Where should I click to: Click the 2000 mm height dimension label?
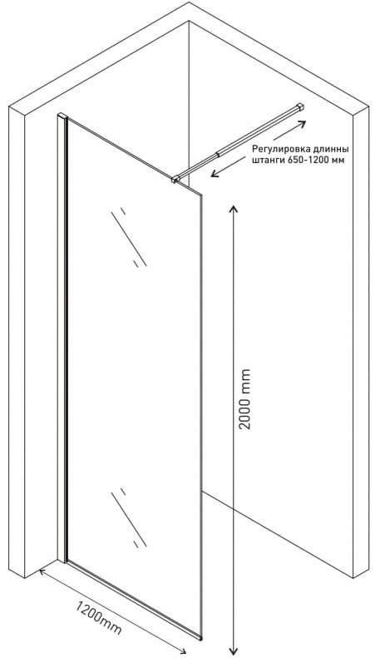244,399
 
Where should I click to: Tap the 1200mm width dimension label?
99,618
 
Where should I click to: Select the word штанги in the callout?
266,161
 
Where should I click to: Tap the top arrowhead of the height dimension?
233,209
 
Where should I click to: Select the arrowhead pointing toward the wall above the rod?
301,123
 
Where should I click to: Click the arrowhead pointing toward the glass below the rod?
215,173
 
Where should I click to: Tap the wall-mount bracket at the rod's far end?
301,106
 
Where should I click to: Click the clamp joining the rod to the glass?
175,180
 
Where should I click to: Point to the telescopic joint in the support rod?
218,154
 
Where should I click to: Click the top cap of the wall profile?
62,115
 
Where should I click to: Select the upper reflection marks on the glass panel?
129,237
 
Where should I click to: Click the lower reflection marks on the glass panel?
129,518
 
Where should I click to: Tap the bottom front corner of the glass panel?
201,637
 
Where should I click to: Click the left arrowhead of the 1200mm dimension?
42,572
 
